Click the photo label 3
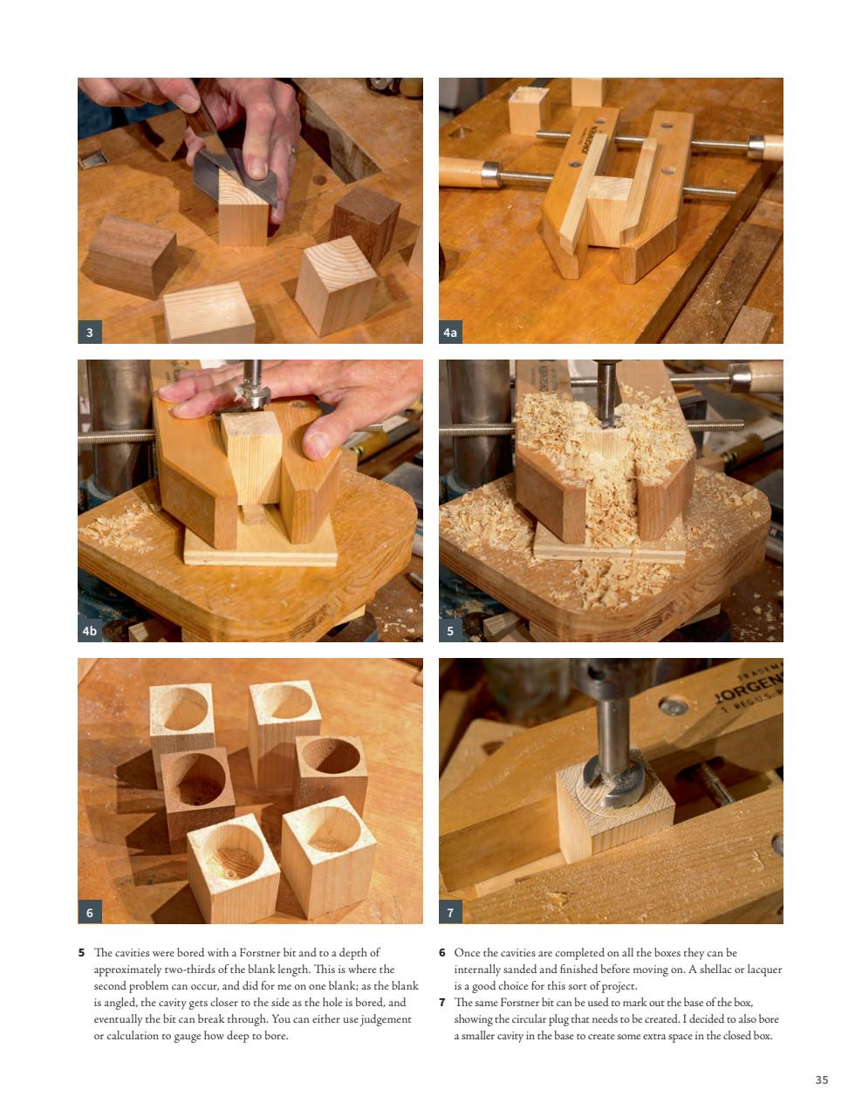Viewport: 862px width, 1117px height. tap(89, 332)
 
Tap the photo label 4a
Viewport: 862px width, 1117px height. tap(450, 332)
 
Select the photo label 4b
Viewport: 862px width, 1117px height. tap(89, 630)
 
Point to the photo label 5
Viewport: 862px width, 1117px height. tap(450, 630)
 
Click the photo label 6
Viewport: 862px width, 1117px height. tap(89, 912)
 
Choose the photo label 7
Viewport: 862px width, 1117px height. tap(450, 912)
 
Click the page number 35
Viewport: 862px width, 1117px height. tap(821, 1079)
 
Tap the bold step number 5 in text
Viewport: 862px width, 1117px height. tap(82, 953)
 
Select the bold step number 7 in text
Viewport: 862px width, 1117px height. tap(442, 1002)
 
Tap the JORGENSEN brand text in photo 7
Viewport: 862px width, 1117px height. tap(748, 695)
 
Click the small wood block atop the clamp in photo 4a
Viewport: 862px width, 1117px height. tap(528, 109)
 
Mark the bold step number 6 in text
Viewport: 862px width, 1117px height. tap(442, 953)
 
